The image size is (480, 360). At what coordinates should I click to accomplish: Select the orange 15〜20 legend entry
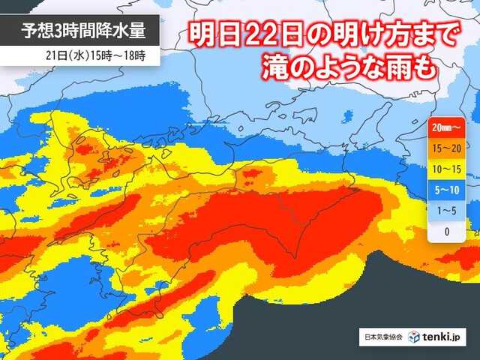(447, 149)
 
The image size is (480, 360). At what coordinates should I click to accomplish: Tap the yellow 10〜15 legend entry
(447, 170)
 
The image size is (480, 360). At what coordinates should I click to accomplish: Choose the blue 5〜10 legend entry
(447, 190)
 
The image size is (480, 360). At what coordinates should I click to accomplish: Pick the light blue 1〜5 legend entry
(447, 211)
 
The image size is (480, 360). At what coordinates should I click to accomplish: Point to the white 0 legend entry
(447, 232)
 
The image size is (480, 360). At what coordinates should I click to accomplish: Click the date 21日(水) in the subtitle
(66, 55)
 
